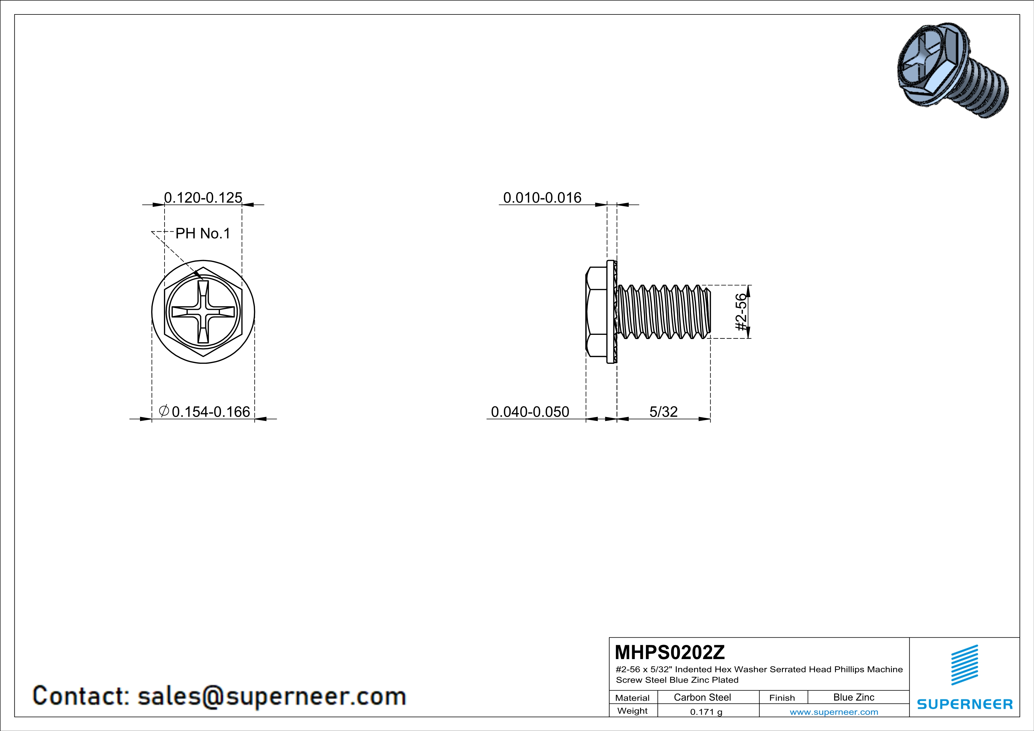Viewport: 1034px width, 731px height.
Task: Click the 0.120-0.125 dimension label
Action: pyautogui.click(x=203, y=197)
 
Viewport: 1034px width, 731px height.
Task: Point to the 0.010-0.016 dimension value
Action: pyautogui.click(x=542, y=197)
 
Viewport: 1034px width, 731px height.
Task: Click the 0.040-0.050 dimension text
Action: pyautogui.click(x=530, y=411)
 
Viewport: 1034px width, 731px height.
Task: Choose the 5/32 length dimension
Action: pyautogui.click(x=663, y=411)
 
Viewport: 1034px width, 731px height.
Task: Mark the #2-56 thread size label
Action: pyautogui.click(x=741, y=312)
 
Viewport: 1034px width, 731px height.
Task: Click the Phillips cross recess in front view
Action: pyautogui.click(x=203, y=312)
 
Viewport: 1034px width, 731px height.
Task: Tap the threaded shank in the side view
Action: pyautogui.click(x=664, y=312)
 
